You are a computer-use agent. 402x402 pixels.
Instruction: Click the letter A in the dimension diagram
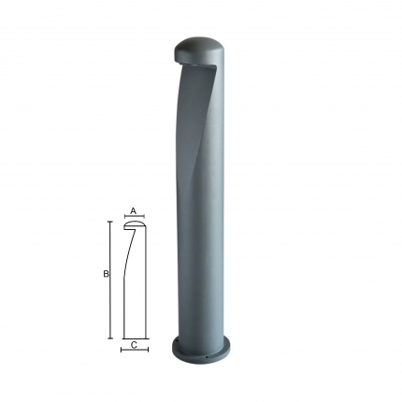click(x=134, y=211)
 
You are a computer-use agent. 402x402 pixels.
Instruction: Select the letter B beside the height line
click(x=106, y=274)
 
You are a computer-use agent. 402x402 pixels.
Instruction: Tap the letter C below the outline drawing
click(x=134, y=345)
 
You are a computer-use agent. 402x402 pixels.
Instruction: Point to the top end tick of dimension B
click(x=109, y=222)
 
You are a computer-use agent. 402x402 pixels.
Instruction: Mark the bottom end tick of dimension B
click(x=109, y=338)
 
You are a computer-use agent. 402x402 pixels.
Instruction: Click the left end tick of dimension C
click(x=122, y=350)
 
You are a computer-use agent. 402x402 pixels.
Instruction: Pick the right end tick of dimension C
click(x=148, y=350)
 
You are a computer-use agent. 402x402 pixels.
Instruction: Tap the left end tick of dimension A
click(x=124, y=216)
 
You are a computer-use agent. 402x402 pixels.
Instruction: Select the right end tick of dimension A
click(x=144, y=216)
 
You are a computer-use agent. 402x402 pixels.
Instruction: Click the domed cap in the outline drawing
click(x=135, y=223)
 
